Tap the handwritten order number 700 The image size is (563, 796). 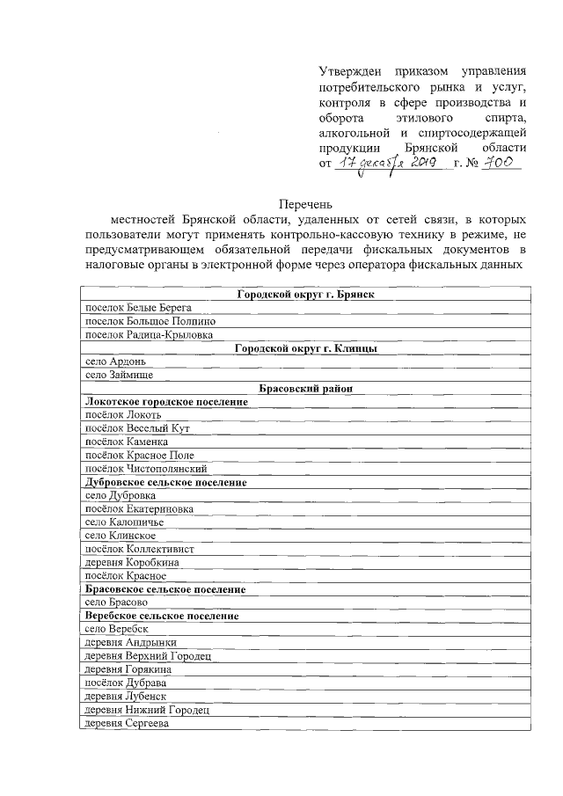[x=503, y=164]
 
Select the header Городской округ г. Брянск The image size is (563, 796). [x=305, y=294]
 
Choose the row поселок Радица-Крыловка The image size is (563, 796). [x=147, y=334]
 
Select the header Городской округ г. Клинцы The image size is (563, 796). [x=305, y=348]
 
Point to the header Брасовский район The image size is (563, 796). [x=305, y=389]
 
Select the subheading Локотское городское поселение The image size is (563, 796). [x=165, y=402]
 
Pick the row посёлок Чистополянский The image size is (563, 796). [x=144, y=469]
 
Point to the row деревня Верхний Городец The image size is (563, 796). [x=147, y=656]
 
